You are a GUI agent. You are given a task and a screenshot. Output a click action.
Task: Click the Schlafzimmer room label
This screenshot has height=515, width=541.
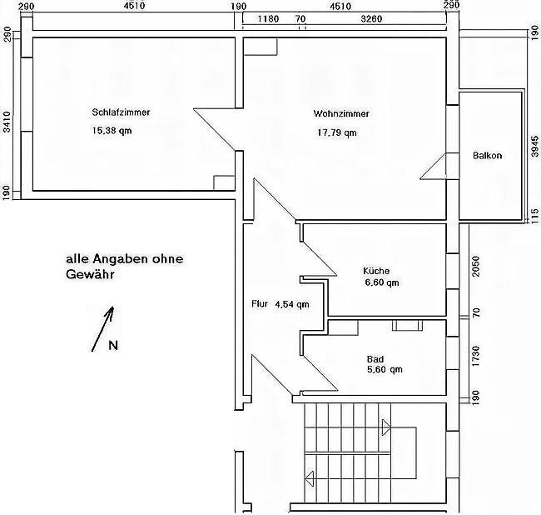[x=121, y=112]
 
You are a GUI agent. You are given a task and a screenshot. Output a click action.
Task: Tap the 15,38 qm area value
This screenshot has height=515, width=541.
[x=112, y=131]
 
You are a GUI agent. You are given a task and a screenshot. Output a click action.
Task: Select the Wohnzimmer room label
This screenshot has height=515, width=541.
[x=341, y=113]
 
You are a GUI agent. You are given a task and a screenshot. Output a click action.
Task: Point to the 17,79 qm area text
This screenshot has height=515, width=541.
[x=337, y=132]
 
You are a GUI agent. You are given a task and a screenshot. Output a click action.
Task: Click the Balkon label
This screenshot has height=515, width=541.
[x=487, y=156]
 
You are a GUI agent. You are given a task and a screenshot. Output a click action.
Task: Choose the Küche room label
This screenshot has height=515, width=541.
[x=376, y=271]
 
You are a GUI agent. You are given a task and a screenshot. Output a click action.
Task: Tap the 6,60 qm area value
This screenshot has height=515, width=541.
[x=382, y=282]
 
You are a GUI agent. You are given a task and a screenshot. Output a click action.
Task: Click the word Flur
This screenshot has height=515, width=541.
[x=260, y=304]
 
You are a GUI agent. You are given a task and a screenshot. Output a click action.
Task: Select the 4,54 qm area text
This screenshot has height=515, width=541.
[x=292, y=304]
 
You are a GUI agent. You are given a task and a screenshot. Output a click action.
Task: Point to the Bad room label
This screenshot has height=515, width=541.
[x=375, y=359]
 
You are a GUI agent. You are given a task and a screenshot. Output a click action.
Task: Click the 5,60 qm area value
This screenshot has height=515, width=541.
[x=385, y=370]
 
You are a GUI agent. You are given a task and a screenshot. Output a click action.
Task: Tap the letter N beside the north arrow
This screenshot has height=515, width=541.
[x=113, y=345]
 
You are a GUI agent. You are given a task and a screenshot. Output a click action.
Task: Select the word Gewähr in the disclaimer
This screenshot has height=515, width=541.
[x=90, y=275]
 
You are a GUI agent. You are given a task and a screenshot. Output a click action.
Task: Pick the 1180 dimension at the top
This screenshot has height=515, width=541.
[x=268, y=18]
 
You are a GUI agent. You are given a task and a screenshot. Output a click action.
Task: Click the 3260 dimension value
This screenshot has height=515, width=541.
[x=371, y=18]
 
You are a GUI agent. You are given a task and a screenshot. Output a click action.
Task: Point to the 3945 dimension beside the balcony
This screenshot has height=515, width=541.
[x=534, y=147]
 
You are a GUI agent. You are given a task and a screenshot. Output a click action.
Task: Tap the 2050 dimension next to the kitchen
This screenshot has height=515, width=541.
[x=476, y=266]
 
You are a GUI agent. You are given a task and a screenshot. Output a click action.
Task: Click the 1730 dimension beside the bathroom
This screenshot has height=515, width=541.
[x=476, y=356]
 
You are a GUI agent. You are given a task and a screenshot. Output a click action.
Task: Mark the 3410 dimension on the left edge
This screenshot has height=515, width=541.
[x=7, y=122]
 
